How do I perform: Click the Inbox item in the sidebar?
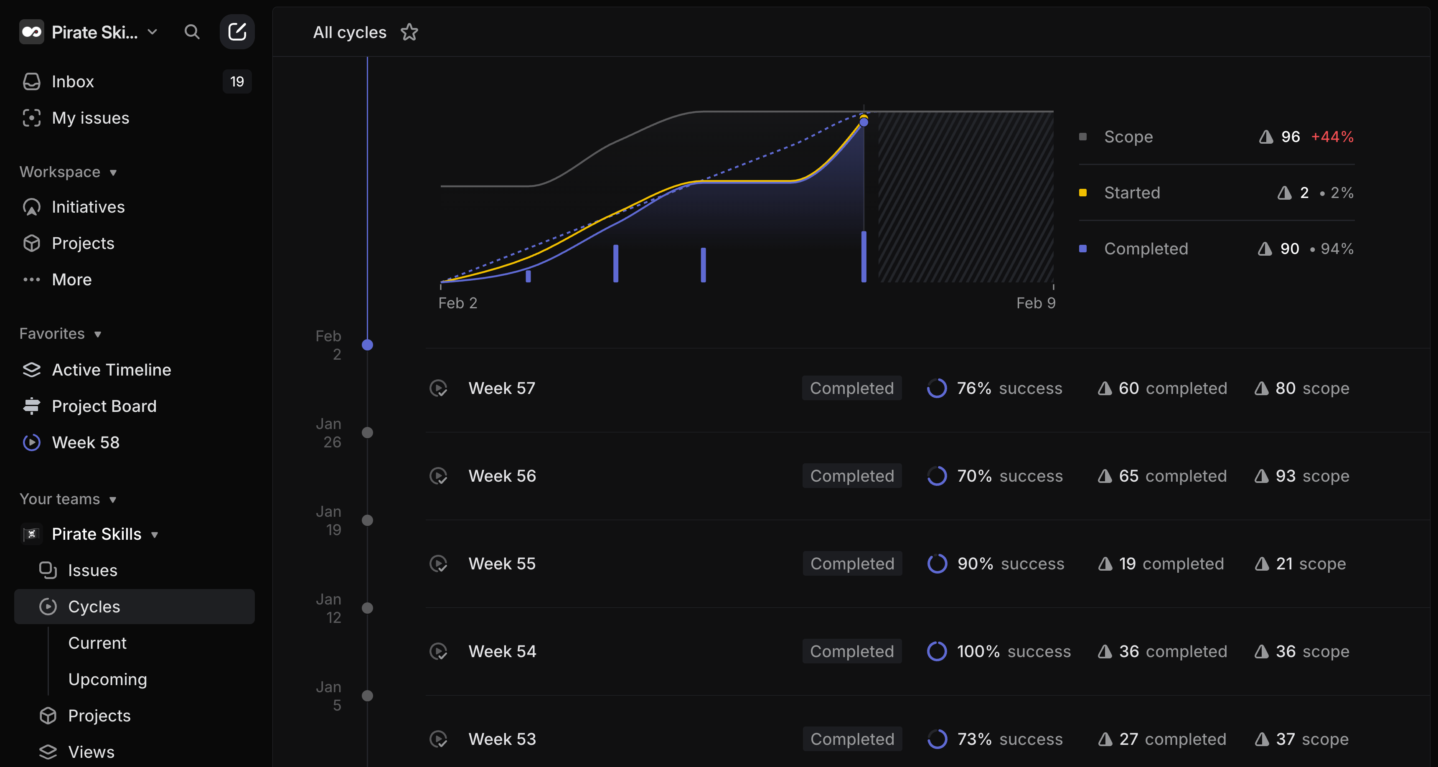coord(73,81)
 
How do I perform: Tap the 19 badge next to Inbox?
coord(237,81)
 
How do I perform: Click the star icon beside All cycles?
coord(409,33)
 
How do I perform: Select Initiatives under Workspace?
coord(88,207)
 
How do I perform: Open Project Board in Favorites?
coord(104,406)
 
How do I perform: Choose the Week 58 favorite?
coord(85,442)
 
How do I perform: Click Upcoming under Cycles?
coord(107,679)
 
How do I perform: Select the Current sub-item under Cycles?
coord(97,643)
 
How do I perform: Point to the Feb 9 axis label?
coord(1036,303)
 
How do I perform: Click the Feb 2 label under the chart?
coord(457,303)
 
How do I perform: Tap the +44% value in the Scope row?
coord(1332,137)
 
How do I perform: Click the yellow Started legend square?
coord(1083,193)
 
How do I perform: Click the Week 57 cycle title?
coord(501,388)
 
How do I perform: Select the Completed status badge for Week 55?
coord(852,564)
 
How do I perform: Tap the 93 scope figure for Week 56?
coord(1312,475)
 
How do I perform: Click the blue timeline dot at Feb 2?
coord(367,345)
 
